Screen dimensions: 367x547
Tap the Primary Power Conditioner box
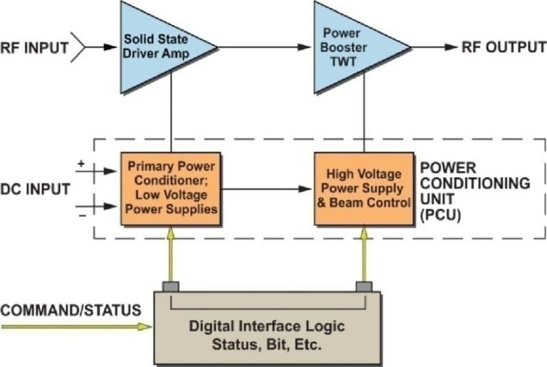(171, 190)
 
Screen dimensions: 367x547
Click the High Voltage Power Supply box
(364, 190)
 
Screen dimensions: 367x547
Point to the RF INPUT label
(33, 48)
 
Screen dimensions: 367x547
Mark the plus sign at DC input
(80, 163)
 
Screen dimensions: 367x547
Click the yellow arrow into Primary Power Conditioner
(170, 254)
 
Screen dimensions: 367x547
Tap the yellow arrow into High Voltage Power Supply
(364, 254)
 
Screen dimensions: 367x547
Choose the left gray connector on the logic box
(170, 286)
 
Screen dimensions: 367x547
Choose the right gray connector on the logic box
(364, 286)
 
